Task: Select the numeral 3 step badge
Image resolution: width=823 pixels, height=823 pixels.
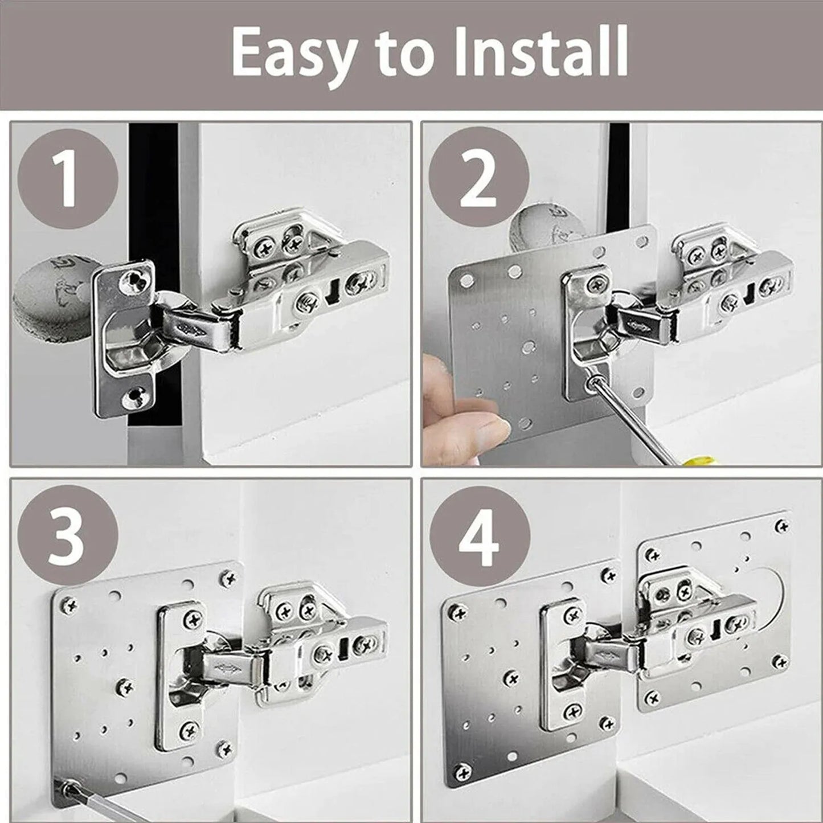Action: click(x=68, y=535)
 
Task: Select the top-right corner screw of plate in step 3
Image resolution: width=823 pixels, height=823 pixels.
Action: click(x=230, y=578)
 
